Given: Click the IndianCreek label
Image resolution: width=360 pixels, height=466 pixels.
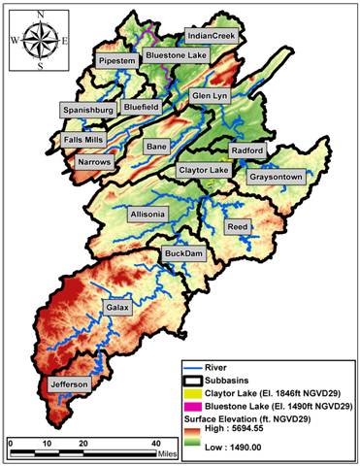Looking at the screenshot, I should (213, 35).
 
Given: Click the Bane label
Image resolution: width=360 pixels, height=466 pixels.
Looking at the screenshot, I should (157, 146).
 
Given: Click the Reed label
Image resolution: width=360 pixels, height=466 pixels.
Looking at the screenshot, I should (238, 226).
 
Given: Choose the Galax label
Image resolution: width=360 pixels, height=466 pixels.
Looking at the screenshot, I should (114, 307).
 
